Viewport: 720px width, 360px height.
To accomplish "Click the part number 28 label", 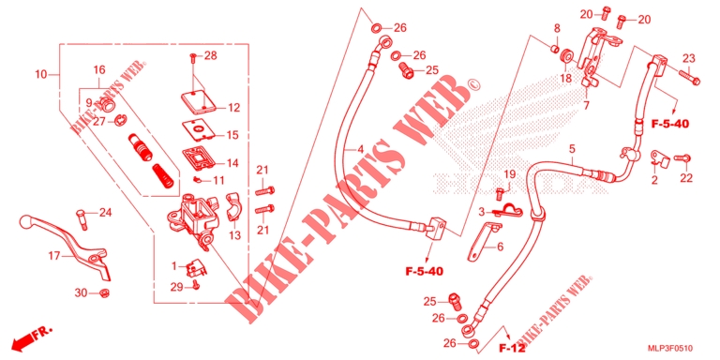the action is (x=211, y=56).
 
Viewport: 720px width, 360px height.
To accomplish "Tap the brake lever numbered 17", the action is (x=68, y=241).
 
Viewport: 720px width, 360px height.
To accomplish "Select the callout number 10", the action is (x=41, y=74).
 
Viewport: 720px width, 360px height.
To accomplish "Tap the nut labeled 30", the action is (x=104, y=292).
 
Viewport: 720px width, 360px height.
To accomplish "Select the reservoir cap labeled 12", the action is (x=198, y=101).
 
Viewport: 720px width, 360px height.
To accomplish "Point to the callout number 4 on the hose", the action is (x=360, y=150).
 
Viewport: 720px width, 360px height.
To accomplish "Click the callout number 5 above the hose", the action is (x=572, y=149).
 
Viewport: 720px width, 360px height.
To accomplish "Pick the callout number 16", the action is (x=99, y=70).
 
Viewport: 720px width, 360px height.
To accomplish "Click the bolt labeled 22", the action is (x=682, y=157).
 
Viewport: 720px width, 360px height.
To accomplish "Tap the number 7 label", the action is (x=586, y=106).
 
